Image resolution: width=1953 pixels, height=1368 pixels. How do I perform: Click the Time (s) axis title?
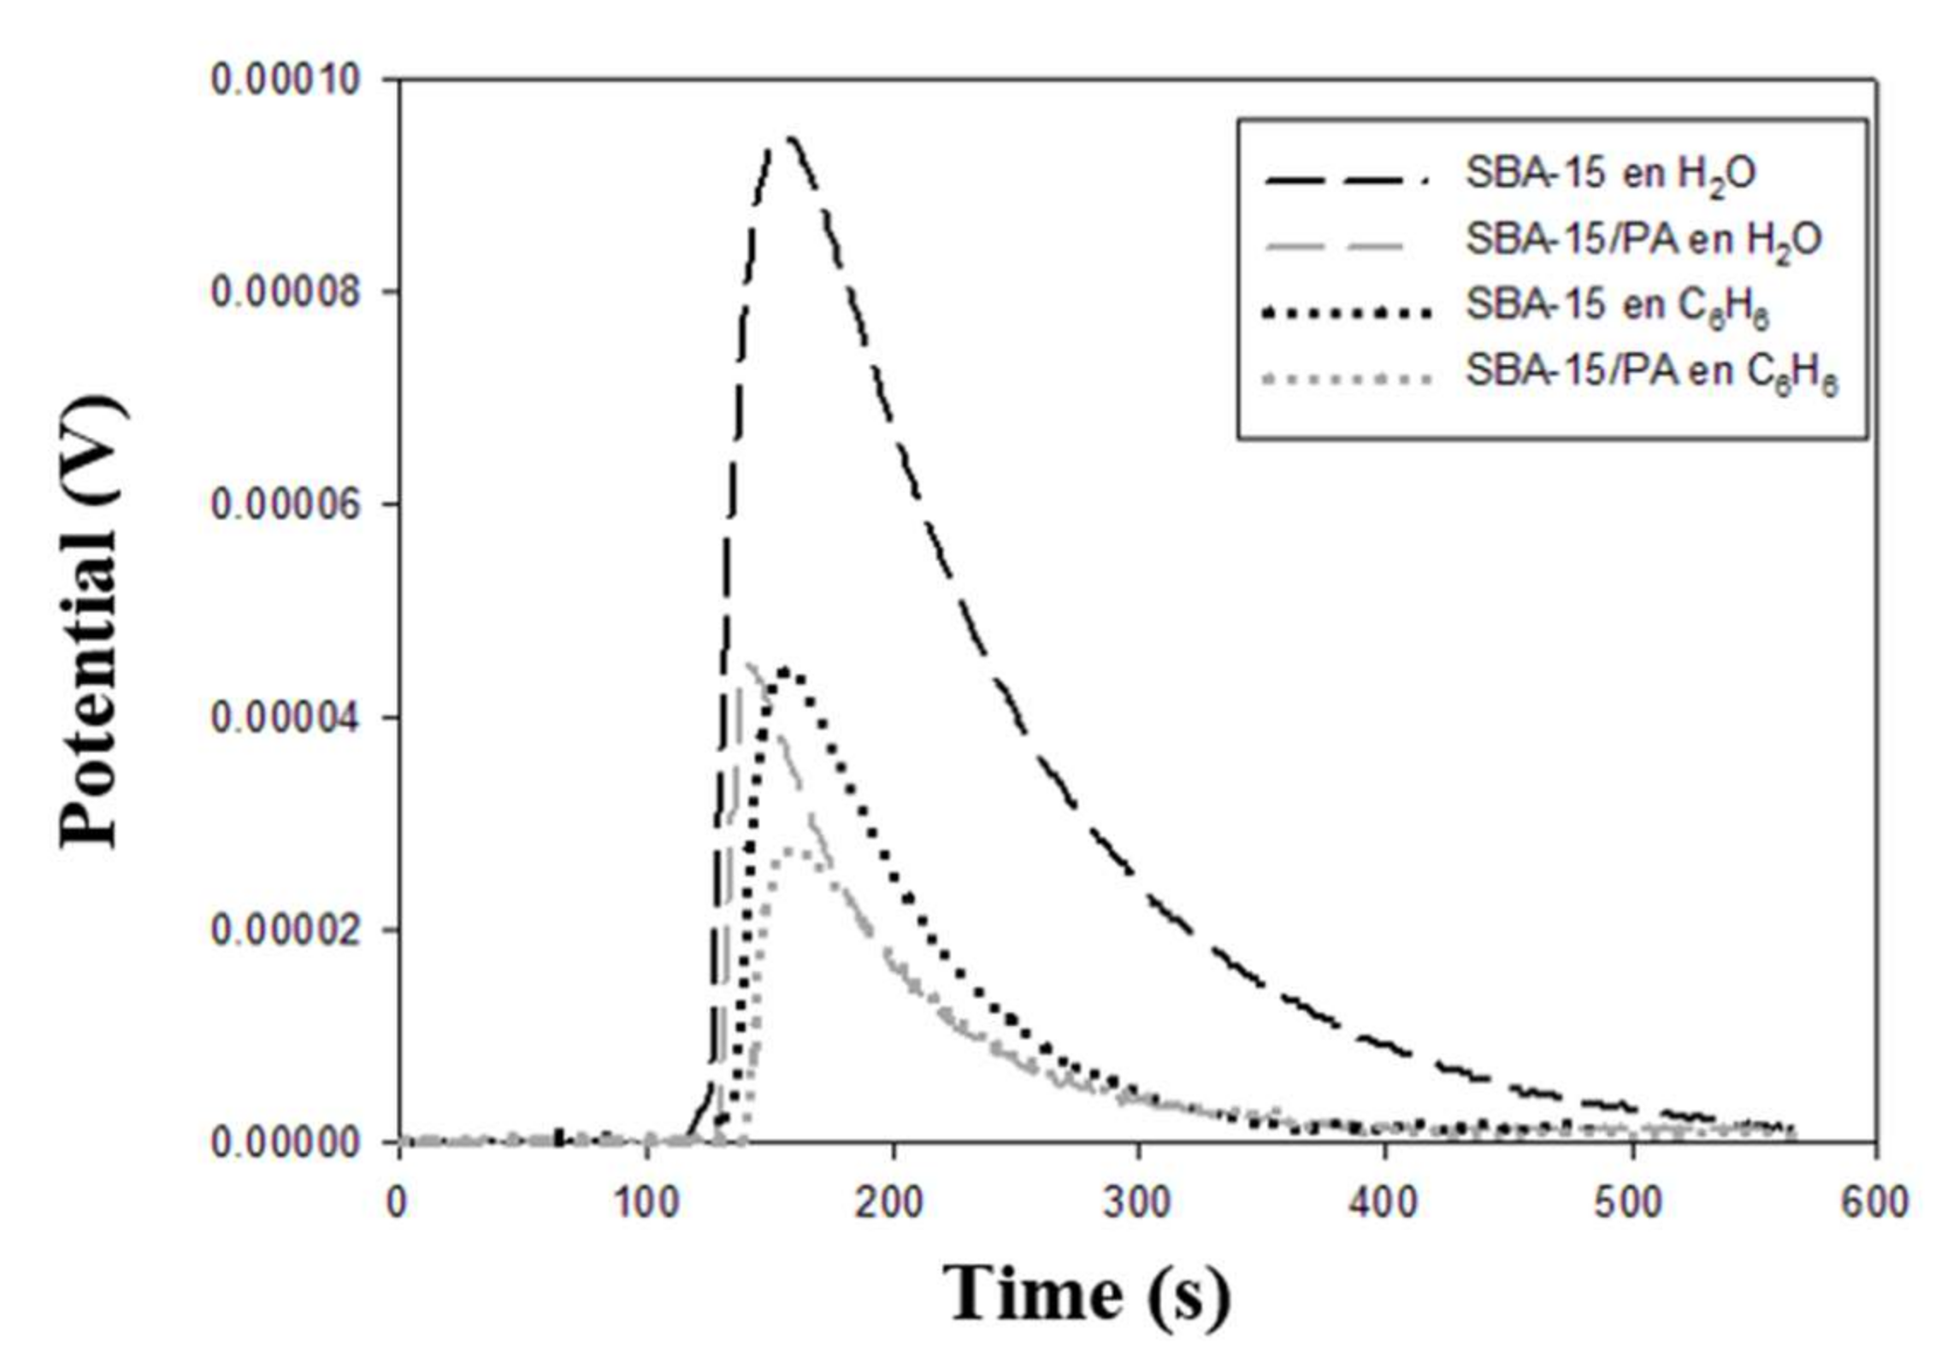(x=1086, y=1294)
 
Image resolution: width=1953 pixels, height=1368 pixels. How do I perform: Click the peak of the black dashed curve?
(x=789, y=138)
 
